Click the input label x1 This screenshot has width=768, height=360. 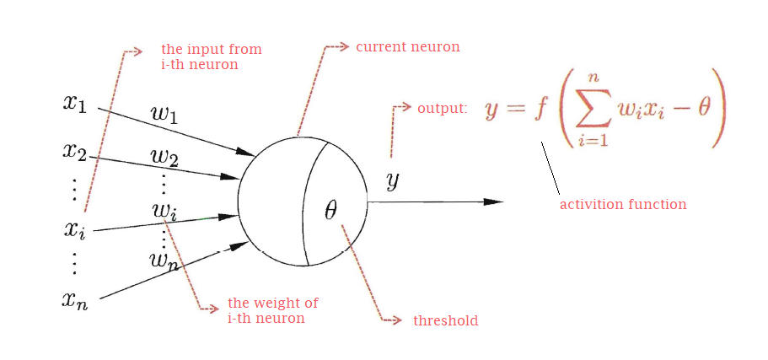(74, 104)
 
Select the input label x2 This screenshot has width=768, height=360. (74, 152)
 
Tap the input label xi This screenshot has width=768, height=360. (74, 229)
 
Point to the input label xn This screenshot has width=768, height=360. (74, 299)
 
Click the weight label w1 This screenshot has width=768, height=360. (164, 114)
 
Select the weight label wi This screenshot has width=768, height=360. (164, 210)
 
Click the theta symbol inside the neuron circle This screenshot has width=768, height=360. (330, 211)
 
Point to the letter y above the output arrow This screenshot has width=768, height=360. (392, 180)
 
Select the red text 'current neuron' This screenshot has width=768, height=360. (407, 47)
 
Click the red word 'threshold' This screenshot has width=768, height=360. (445, 321)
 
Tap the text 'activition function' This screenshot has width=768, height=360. (623, 204)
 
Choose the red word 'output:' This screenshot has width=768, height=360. (442, 109)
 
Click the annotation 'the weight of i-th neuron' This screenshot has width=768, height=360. (272, 311)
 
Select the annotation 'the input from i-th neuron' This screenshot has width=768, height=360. (211, 56)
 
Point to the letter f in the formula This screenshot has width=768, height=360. (540, 110)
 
